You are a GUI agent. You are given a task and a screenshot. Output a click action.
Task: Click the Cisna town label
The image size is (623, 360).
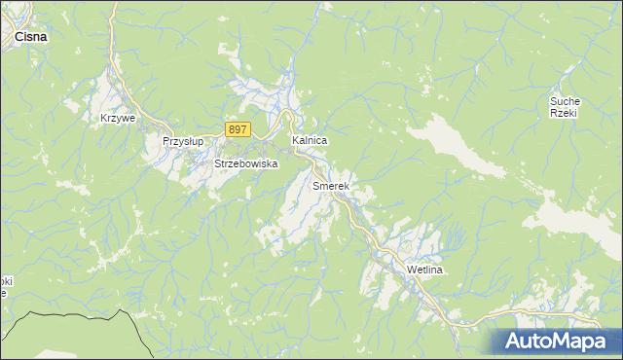33,36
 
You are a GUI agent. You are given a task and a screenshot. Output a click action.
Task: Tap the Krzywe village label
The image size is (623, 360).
117,118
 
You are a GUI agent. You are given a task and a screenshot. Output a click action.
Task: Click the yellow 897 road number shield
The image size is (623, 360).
238,129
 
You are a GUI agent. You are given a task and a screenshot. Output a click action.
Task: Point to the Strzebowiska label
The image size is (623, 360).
246,164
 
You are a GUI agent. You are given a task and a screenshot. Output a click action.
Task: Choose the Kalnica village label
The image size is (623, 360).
310,141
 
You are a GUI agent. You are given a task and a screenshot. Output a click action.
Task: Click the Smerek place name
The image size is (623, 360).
331,185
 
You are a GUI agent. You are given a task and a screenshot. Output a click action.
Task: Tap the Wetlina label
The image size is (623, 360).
424,270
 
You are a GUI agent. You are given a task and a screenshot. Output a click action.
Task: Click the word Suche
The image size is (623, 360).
565,101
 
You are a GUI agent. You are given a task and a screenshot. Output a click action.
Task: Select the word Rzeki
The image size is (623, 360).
565,113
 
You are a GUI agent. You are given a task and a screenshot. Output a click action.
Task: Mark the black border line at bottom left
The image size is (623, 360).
78,314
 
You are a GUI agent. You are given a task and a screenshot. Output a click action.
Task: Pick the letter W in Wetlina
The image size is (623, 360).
412,270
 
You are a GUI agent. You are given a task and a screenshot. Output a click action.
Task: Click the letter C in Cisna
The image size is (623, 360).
19,36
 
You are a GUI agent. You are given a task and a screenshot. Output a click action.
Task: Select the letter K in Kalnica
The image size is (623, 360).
295,141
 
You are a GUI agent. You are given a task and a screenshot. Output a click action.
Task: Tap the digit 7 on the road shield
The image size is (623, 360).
244,129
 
